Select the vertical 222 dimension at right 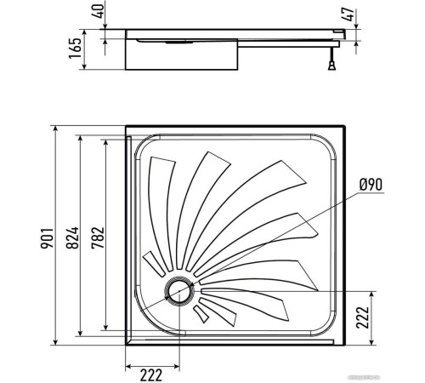pyautogui.click(x=361, y=316)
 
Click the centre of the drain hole pyautogui.click(x=179, y=291)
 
